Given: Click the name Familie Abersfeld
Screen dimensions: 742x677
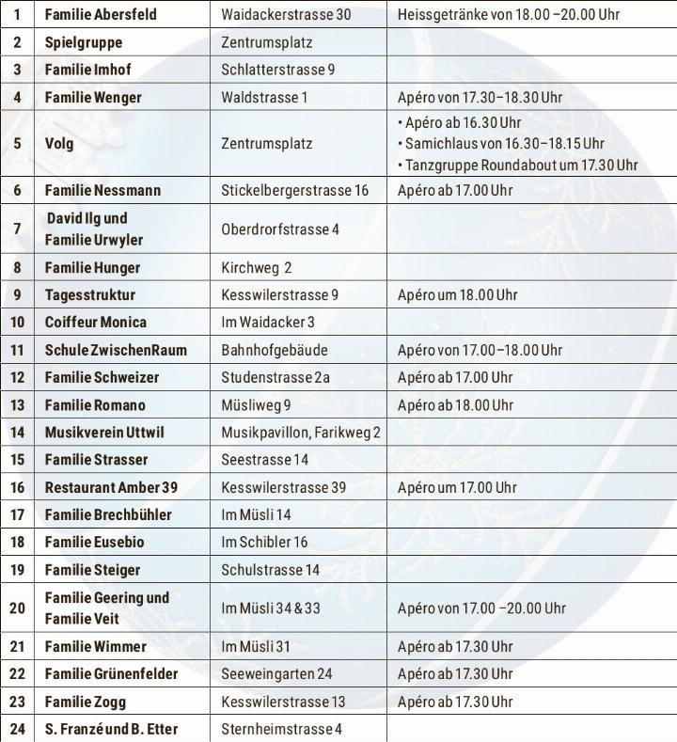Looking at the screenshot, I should coord(101,16).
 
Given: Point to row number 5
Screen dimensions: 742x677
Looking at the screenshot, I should coord(17,144).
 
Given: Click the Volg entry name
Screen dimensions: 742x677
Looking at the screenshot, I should coord(59,144).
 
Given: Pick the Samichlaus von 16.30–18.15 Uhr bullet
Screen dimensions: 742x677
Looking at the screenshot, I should coord(501,144).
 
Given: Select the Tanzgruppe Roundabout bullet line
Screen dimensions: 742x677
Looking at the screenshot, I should coord(518,165).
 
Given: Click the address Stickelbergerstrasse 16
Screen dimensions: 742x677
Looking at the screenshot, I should coord(295,190).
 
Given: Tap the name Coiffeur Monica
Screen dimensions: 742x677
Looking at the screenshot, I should coord(96,322).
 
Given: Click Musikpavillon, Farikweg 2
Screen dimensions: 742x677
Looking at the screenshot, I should coord(301,433).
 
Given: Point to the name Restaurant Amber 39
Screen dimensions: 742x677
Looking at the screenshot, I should coord(111,487).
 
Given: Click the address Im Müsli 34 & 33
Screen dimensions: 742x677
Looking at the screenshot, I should coord(271,608).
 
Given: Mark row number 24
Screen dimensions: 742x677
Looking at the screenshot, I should coord(17,729).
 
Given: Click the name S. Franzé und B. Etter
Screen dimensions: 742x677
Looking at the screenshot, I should coord(111,729).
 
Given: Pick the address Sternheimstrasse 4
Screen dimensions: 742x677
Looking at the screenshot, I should coord(282,729).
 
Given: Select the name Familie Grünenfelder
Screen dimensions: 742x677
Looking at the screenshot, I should coord(111,673).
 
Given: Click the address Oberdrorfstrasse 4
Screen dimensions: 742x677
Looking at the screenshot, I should coord(280,229).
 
